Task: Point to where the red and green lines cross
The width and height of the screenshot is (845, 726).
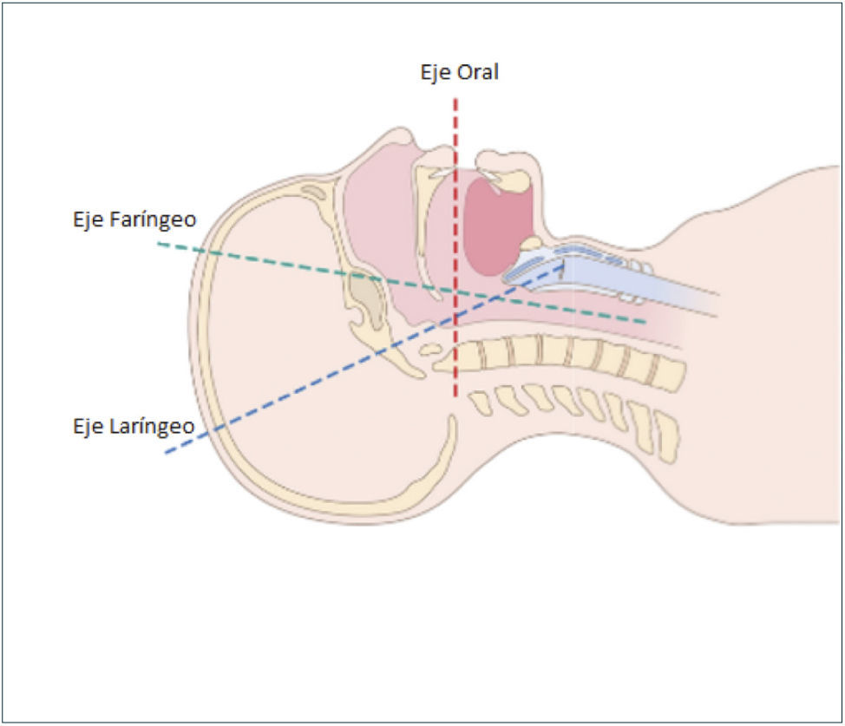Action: tap(455, 288)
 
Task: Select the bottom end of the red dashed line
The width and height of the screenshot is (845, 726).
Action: tap(455, 398)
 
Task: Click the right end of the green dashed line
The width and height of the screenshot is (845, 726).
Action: tap(647, 322)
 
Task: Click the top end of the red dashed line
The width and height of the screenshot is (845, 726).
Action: tap(455, 99)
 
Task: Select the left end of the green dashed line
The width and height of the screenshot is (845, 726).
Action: tap(158, 244)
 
